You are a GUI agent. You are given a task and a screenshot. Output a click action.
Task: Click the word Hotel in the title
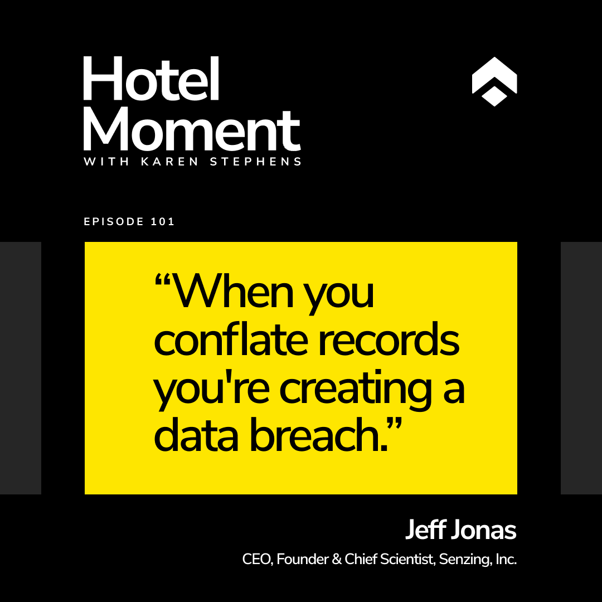pos(151,79)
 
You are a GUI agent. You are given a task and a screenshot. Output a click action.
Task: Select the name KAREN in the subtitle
pos(169,162)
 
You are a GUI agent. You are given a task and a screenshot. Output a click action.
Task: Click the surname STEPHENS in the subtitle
pos(255,162)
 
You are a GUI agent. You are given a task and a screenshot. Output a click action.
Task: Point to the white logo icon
pos(494,81)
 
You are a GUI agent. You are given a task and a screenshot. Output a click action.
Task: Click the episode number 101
pos(163,221)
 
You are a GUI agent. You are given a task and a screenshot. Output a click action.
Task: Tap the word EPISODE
pos(114,221)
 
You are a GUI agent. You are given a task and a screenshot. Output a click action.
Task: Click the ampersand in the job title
pos(337,560)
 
